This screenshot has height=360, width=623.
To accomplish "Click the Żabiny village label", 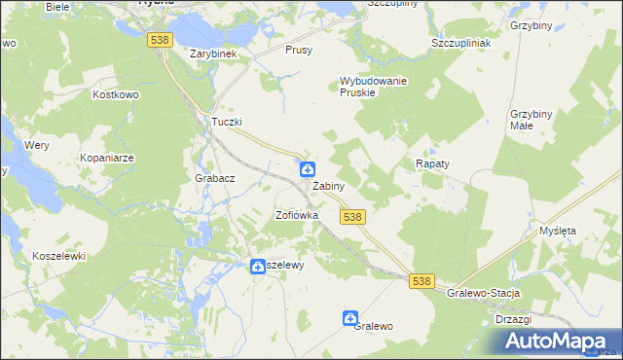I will coord(328,186).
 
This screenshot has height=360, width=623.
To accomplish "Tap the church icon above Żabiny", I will coord(307,169).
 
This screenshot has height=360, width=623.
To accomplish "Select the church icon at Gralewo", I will coord(350,318).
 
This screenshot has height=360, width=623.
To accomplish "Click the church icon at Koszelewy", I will coord(258,266).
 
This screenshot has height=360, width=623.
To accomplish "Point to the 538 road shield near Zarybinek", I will coord(161,39).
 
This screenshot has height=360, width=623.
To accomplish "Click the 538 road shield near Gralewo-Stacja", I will coord(421,280).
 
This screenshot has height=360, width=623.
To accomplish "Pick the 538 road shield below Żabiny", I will coord(352,217).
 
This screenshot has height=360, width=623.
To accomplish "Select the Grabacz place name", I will coord(214,178).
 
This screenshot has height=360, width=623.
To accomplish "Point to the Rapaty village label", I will coord(432,164).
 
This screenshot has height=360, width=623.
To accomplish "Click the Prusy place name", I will coord(299,50).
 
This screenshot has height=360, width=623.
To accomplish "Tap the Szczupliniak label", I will coord(460,44).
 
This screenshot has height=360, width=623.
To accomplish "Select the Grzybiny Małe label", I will coord(531,120).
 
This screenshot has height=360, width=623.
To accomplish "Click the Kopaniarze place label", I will coord(108,157).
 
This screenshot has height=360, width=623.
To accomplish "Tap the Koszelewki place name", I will coord(59,256).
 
